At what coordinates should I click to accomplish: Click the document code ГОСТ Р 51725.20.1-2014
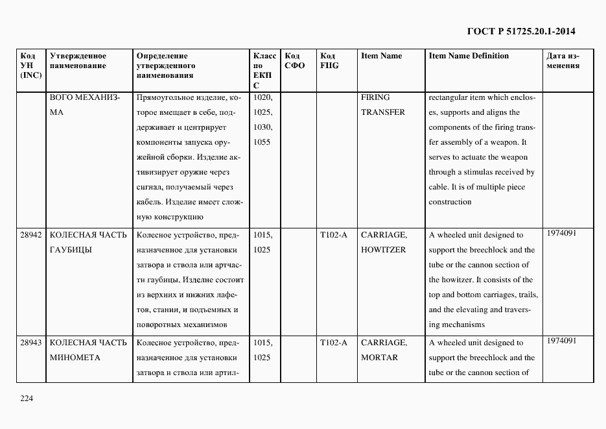coord(520,31)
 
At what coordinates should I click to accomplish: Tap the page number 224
coord(26,398)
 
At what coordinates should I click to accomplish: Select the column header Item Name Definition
coord(469,56)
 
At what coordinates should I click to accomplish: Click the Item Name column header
coord(381,56)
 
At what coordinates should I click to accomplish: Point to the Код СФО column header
coord(294,61)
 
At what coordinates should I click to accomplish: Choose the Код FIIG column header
coord(329,61)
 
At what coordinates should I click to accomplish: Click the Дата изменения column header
coord(563,61)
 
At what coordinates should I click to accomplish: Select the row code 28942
coord(30,235)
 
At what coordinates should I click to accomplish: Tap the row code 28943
coord(30,343)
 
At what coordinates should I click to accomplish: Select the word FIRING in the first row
coord(375,97)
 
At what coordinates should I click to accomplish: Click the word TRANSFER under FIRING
coord(382,112)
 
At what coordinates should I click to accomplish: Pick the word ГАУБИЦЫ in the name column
coord(70,250)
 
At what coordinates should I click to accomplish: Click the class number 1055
coord(262,142)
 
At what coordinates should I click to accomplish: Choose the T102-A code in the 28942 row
coord(333,235)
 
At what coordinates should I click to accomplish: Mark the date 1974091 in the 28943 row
coord(561,341)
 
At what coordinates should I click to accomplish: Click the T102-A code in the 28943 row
coord(333,343)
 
